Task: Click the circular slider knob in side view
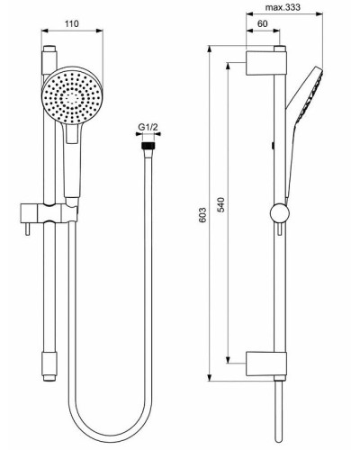[x=278, y=214]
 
